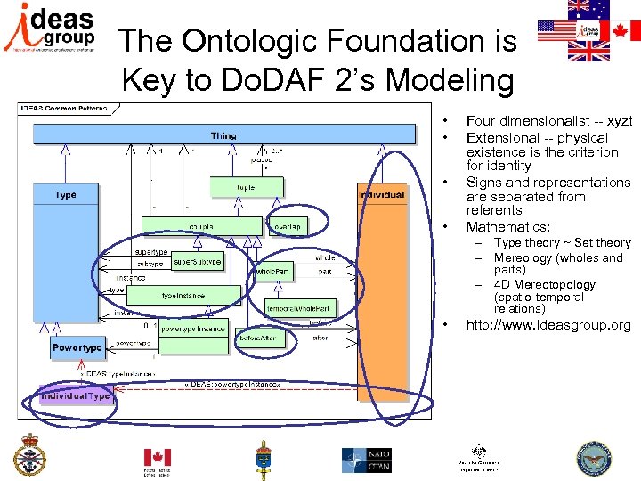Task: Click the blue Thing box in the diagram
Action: coord(224,135)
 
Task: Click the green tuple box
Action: coord(245,187)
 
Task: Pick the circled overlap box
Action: coord(286,226)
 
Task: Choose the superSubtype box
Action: coord(197,263)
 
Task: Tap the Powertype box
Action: coord(77,346)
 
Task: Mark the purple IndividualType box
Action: coord(75,395)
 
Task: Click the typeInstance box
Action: coord(183,295)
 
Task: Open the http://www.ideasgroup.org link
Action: coord(548,325)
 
